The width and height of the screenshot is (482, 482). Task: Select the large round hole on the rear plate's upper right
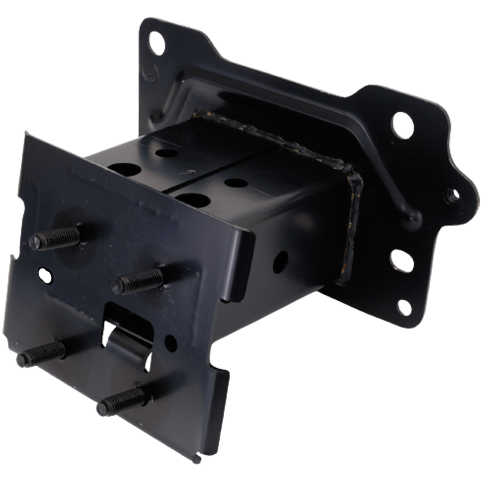[402, 123]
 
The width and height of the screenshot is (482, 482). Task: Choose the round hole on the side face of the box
[281, 259]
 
